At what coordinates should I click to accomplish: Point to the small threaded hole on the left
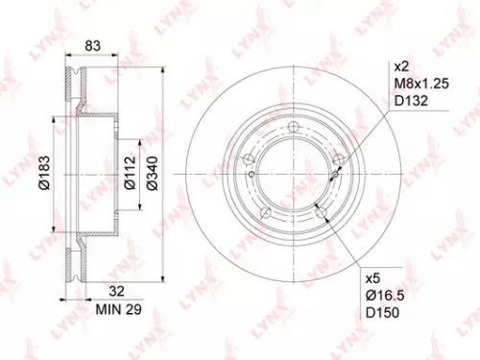(252, 175)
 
